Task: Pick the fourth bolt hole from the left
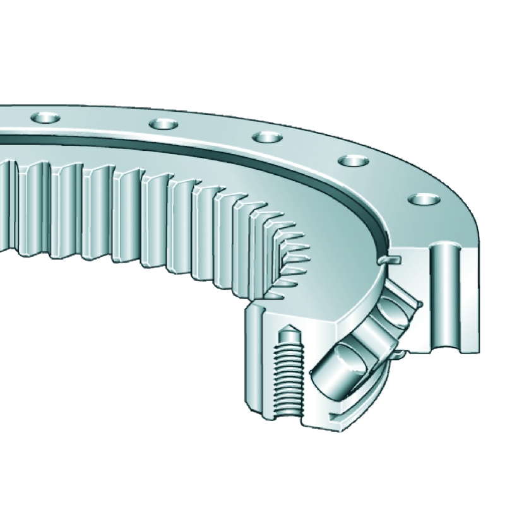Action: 353,161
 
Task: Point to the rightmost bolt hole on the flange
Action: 424,199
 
